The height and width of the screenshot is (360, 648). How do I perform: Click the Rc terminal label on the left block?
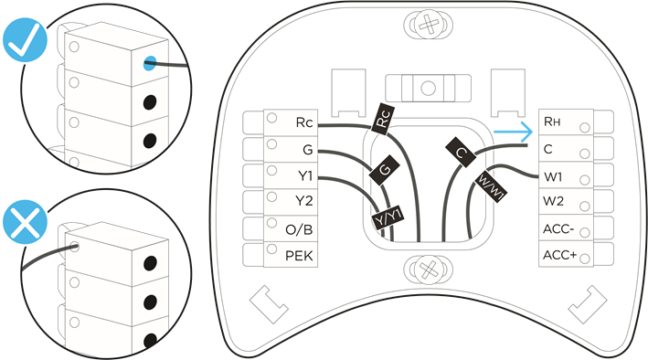304,122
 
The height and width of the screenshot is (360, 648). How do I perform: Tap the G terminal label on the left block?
308,148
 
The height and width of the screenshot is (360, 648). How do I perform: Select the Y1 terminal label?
304,175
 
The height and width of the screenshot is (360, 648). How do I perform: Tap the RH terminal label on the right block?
553,121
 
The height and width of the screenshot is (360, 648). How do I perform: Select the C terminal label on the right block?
548,148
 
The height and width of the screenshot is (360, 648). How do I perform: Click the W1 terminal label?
553,175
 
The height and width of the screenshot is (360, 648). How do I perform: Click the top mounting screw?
425,25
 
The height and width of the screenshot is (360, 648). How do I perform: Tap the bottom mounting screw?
425,270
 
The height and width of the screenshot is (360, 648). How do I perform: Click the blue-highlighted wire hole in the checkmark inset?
149,64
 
